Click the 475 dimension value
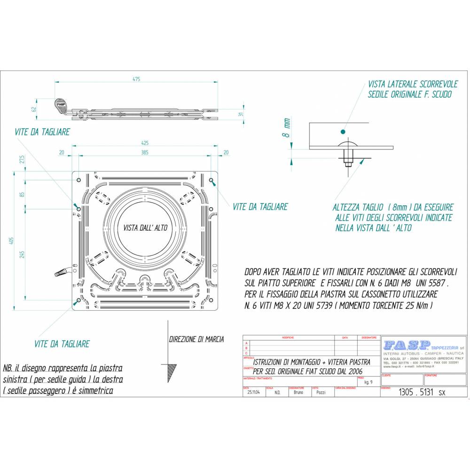pyautogui.click(x=136, y=79)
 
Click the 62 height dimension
pyautogui.click(x=34, y=109)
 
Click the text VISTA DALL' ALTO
pyautogui.click(x=145, y=227)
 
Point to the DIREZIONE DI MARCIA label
pyautogui.click(x=196, y=339)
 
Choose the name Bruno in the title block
pyautogui.click(x=298, y=392)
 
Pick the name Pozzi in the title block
pyautogui.click(x=321, y=392)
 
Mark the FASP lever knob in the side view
pyautogui.click(x=62, y=104)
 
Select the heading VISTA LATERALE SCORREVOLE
pyautogui.click(x=413, y=84)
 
